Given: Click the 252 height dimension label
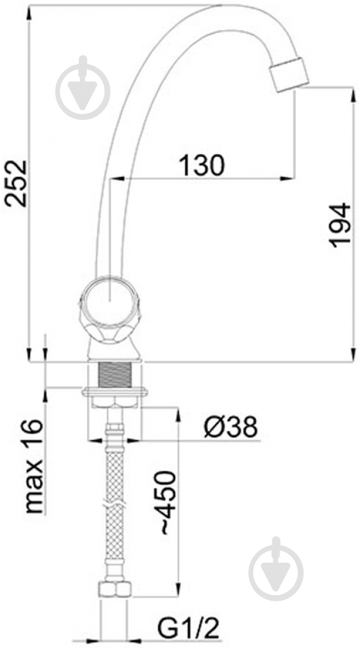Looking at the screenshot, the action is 15,183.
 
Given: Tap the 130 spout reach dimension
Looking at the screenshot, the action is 202,165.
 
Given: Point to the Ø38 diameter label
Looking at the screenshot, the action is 230,427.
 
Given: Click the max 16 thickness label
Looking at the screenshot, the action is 34,466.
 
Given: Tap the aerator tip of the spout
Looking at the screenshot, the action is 289,75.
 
